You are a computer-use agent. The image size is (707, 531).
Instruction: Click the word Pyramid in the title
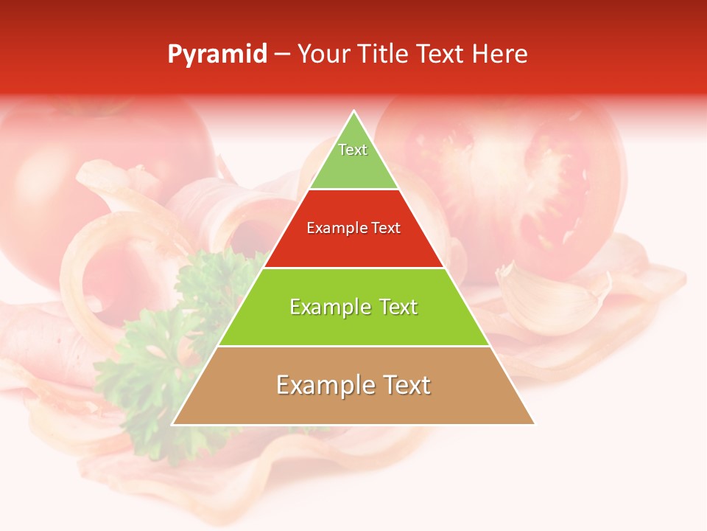coord(217,55)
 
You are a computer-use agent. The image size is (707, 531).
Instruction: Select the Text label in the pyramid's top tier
coord(353,150)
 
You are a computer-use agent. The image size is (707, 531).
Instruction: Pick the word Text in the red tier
coord(386,229)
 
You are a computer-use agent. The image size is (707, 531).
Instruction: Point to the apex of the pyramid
coord(353,112)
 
